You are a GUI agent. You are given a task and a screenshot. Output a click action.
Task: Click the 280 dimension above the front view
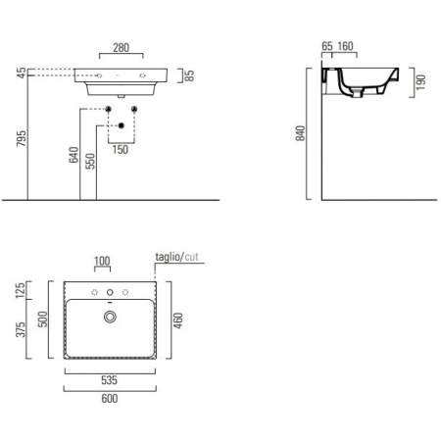(121, 48)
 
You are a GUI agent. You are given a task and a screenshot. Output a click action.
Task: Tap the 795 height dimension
(22, 138)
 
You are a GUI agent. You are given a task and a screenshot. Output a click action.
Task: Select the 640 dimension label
(73, 155)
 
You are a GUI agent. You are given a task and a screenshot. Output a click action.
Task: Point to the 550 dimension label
(90, 161)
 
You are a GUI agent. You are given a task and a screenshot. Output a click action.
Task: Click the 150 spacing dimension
(121, 150)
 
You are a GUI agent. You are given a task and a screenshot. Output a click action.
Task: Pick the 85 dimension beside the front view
(189, 75)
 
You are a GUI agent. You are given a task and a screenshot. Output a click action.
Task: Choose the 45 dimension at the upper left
(22, 73)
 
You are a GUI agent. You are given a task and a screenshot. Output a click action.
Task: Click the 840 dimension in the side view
(300, 133)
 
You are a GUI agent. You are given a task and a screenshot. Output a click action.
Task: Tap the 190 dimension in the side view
(420, 82)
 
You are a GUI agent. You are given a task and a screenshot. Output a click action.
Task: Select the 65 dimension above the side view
(327, 46)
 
